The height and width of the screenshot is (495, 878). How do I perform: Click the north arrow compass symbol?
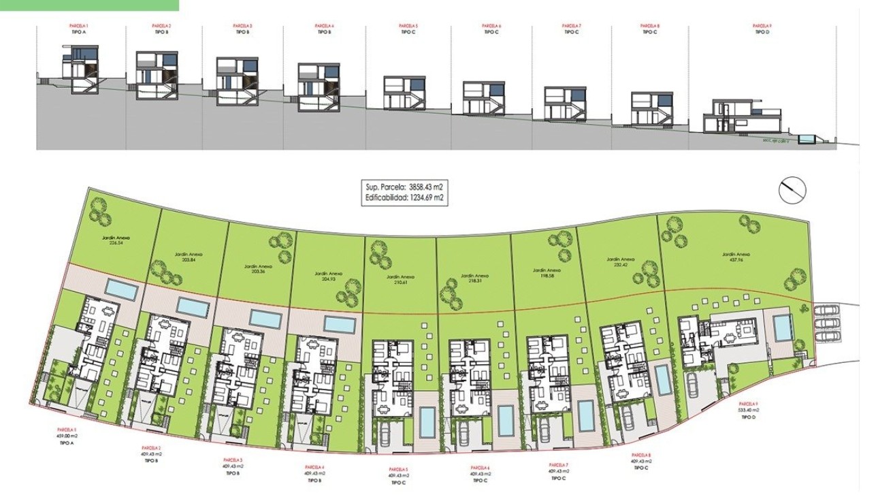(792, 189)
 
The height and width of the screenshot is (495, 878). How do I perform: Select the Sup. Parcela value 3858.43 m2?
(426, 187)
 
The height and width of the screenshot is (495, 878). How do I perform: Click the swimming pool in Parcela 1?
(121, 289)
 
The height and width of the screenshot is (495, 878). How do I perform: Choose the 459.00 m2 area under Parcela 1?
(67, 436)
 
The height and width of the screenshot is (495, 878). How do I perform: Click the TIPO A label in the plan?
(67, 443)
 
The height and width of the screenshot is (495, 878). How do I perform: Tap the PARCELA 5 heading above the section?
(408, 26)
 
